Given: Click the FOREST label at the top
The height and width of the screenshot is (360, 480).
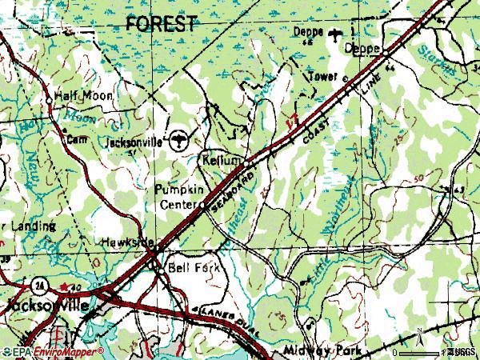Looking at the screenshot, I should [x=161, y=24].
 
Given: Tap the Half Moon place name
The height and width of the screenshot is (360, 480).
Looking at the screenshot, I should [x=84, y=96].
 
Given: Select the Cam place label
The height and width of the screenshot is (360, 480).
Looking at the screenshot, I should [x=75, y=138].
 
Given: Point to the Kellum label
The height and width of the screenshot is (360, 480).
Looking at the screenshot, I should [x=221, y=160].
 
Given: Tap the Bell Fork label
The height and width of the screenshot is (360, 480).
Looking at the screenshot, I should [x=187, y=267].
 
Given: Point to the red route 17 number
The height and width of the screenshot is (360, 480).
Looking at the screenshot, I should [x=291, y=122].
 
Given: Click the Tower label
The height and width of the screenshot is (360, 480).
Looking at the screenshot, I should [x=323, y=78].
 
